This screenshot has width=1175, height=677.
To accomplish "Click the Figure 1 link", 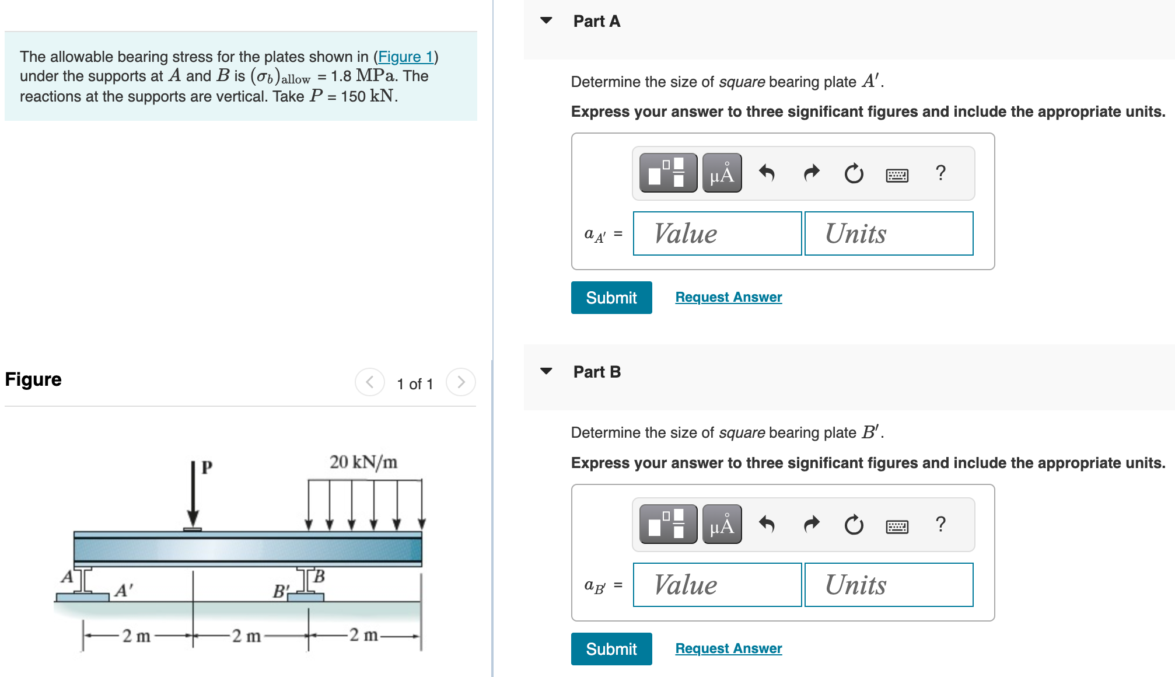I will pos(405,57).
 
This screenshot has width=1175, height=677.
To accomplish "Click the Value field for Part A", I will pos(717,233).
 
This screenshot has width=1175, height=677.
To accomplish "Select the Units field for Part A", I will pos(888,233).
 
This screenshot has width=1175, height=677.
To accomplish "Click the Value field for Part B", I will pos(717,585).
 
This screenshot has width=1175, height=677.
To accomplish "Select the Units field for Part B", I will pos(888,585).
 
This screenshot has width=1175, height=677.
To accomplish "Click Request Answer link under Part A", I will pos(728,297).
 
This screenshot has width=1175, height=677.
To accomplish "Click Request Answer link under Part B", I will pos(728,648).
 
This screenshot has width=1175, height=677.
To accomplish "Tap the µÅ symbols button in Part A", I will pos(722,173).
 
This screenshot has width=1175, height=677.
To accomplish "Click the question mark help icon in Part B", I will pos(940,524).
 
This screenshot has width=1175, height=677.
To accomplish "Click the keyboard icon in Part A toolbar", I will pos(897,175).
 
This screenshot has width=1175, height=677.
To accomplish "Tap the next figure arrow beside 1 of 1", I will pos(461,382).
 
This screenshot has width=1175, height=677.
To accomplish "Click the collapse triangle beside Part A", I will pos(546,20).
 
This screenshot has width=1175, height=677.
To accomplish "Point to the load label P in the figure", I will pos(207,467).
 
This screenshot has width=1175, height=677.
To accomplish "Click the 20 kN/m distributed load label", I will pos(363,462).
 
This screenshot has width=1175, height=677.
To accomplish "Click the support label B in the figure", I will pos(319,577).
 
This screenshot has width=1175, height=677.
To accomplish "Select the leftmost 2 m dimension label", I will pos(136,636).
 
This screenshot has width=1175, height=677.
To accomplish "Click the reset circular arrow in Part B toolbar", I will pos(854,525).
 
